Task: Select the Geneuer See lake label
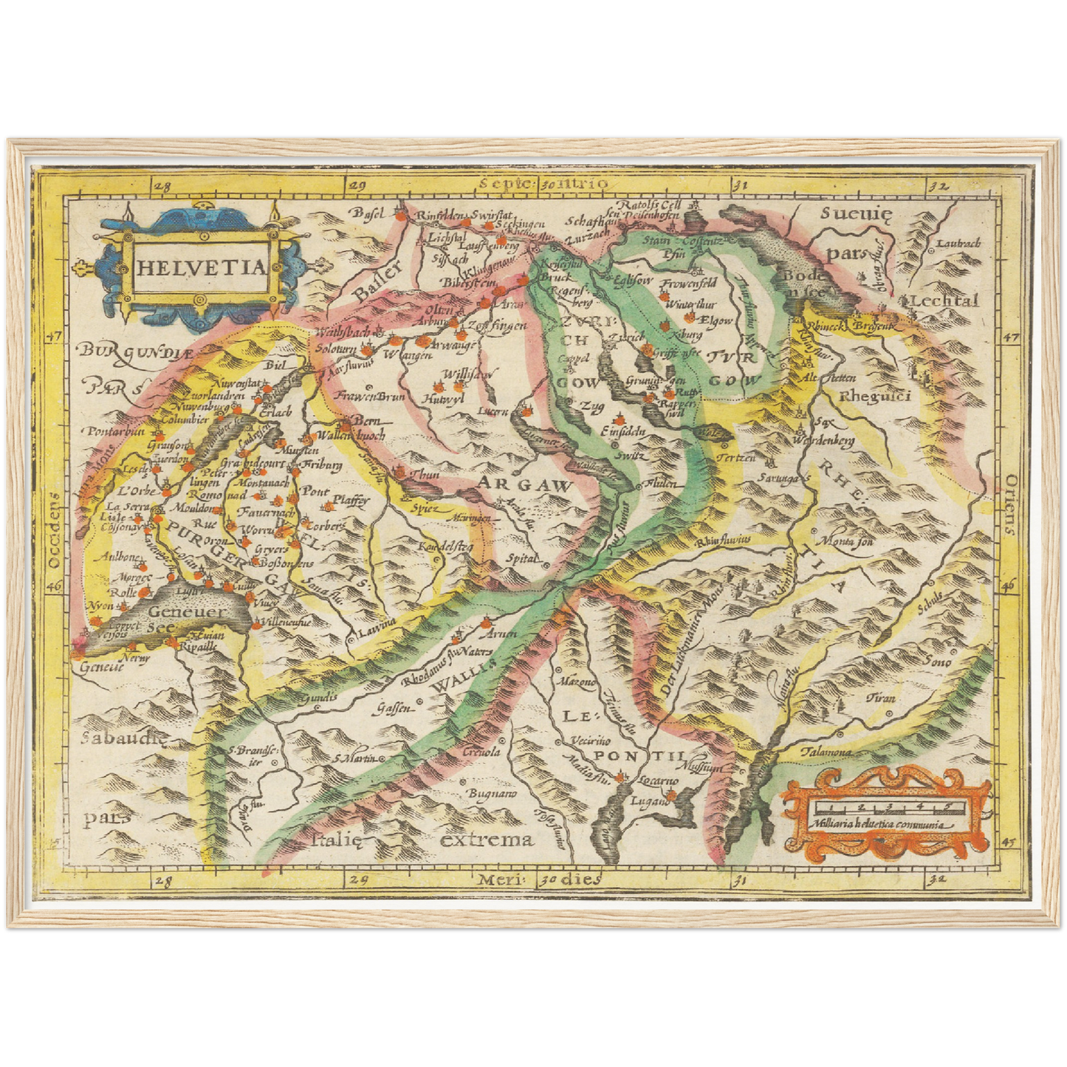(x=174, y=619)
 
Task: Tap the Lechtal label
(x=944, y=301)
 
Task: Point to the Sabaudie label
(x=114, y=738)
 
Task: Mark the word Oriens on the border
(x=1009, y=504)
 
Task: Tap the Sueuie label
(x=856, y=214)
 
